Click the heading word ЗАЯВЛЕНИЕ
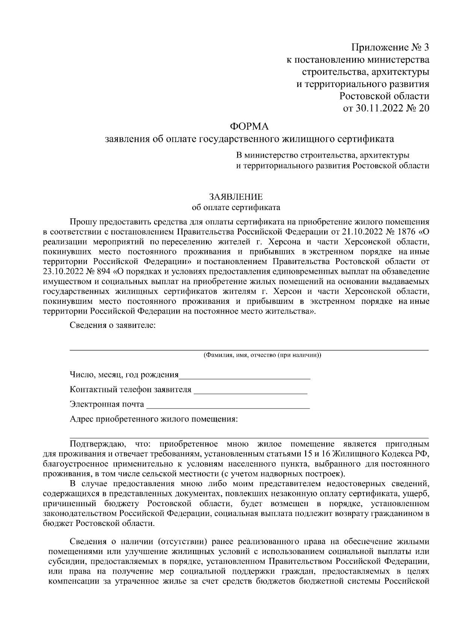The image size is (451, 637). point(236,197)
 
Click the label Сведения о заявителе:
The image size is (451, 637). point(113,325)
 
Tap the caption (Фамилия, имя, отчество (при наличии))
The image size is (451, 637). point(262,355)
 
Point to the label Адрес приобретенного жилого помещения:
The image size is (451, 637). point(154,419)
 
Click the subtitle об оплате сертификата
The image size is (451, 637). point(236,207)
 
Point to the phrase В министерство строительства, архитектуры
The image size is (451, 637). point(322,155)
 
